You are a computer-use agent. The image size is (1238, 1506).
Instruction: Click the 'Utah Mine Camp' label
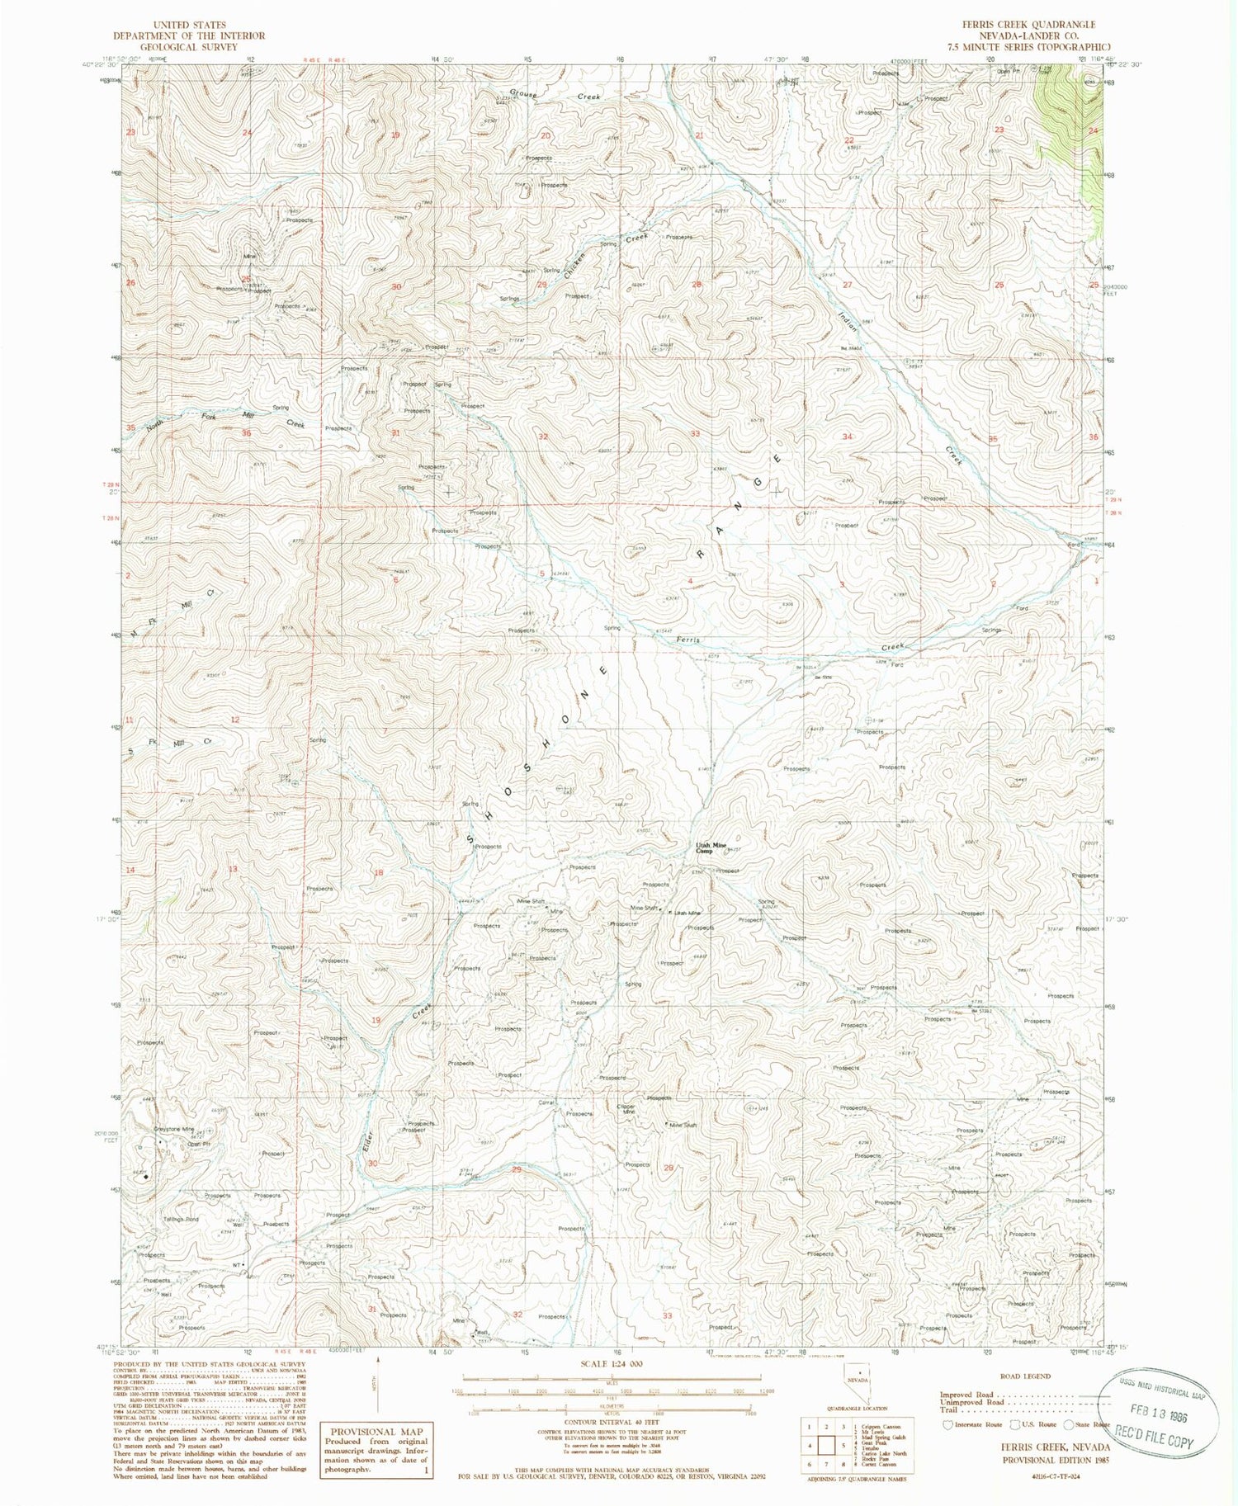tap(710, 848)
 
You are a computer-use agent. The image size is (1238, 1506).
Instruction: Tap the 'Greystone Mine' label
tap(173, 1129)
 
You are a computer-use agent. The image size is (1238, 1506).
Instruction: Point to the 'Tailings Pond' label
tap(181, 1220)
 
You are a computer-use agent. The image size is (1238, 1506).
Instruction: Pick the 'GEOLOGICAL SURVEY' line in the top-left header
tap(189, 47)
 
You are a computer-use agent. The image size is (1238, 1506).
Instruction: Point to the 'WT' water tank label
tap(237, 1264)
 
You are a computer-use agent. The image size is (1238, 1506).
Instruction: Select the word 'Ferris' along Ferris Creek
tap(688, 640)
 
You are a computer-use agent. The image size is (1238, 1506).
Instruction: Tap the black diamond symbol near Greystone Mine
tap(146, 1177)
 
